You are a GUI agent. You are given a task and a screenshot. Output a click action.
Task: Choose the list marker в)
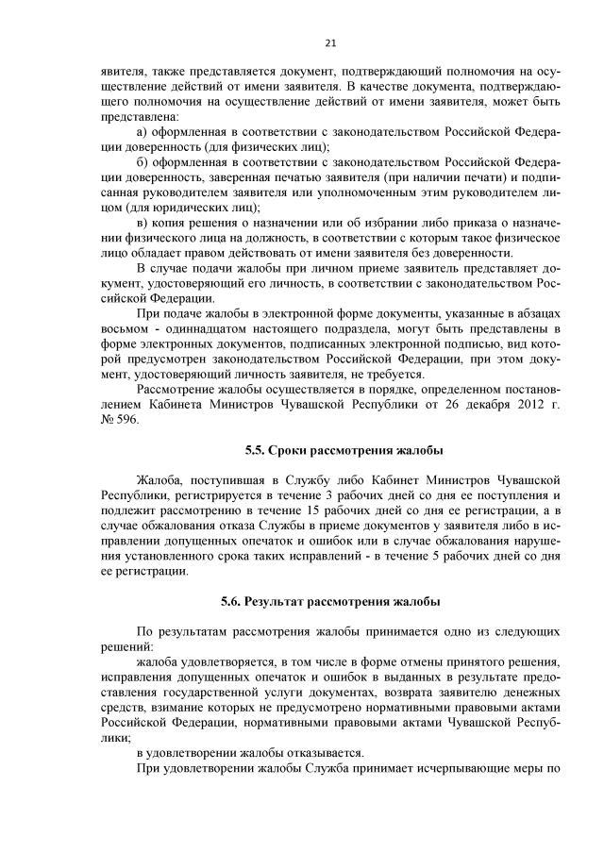[x=143, y=222]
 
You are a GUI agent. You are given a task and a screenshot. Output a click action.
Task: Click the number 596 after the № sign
[x=126, y=419]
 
